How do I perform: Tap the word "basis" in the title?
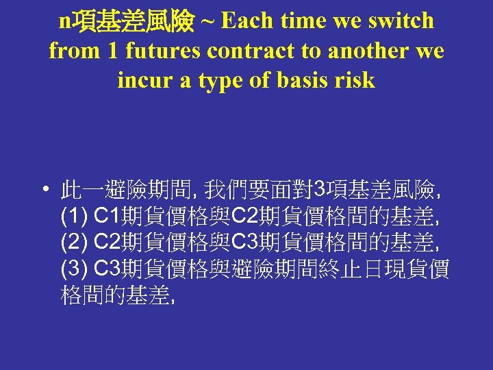[302, 80]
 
